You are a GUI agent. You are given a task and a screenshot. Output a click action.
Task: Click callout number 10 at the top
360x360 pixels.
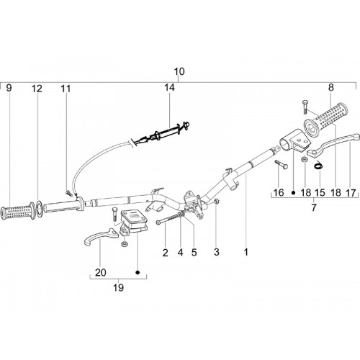click(179, 71)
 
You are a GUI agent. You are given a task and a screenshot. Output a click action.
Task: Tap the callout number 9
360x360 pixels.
click(9, 88)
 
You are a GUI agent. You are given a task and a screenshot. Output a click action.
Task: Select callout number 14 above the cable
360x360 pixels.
click(169, 88)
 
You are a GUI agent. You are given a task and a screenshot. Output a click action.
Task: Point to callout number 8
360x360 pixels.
click(331, 88)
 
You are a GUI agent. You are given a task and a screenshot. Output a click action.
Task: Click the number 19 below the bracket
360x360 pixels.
click(118, 287)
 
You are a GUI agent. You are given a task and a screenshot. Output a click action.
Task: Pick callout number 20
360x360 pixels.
click(101, 273)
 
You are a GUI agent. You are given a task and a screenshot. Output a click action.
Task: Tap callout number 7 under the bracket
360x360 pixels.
click(314, 207)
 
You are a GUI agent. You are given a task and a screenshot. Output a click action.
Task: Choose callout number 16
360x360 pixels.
click(279, 192)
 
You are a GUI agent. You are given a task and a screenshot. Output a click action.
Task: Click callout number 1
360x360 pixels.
click(246, 252)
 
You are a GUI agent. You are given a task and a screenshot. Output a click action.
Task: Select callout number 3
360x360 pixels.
click(217, 252)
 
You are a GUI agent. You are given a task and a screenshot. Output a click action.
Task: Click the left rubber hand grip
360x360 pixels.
click(18, 212)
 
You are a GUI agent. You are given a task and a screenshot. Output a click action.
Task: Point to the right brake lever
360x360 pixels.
click(333, 145)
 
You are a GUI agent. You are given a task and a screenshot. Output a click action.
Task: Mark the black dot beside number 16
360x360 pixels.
click(293, 192)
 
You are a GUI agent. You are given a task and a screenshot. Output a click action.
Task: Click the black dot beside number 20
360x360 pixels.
click(138, 272)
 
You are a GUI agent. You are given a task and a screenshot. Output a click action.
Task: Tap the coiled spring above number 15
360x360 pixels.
click(319, 166)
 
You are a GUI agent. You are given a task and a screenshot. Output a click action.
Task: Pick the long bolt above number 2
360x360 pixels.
click(168, 220)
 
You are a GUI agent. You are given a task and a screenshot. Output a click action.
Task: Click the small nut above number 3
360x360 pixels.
click(216, 202)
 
